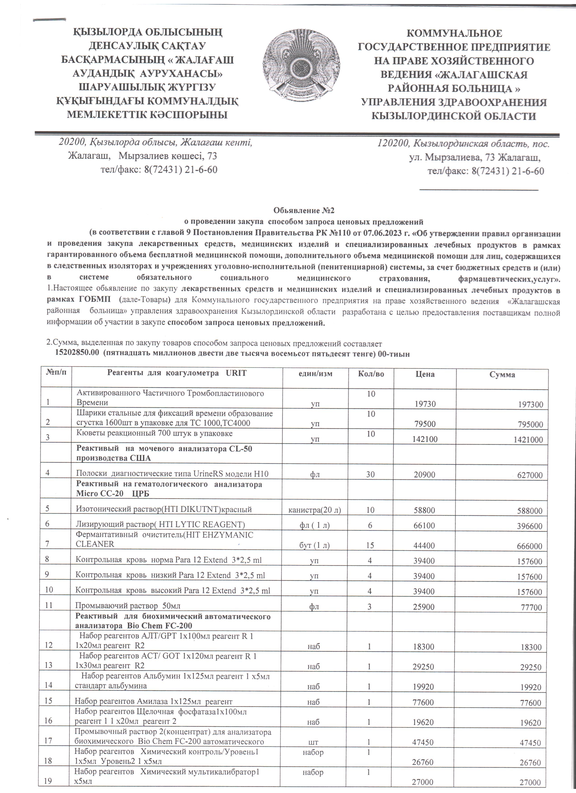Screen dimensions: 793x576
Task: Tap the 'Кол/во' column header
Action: pos(371,374)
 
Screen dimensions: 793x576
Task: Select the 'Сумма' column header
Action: pos(502,375)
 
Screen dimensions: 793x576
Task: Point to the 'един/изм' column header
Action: pos(315,374)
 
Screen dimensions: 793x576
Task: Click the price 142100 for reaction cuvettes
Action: pos(425,439)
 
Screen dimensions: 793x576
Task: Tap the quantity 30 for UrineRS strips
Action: pos(370,474)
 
